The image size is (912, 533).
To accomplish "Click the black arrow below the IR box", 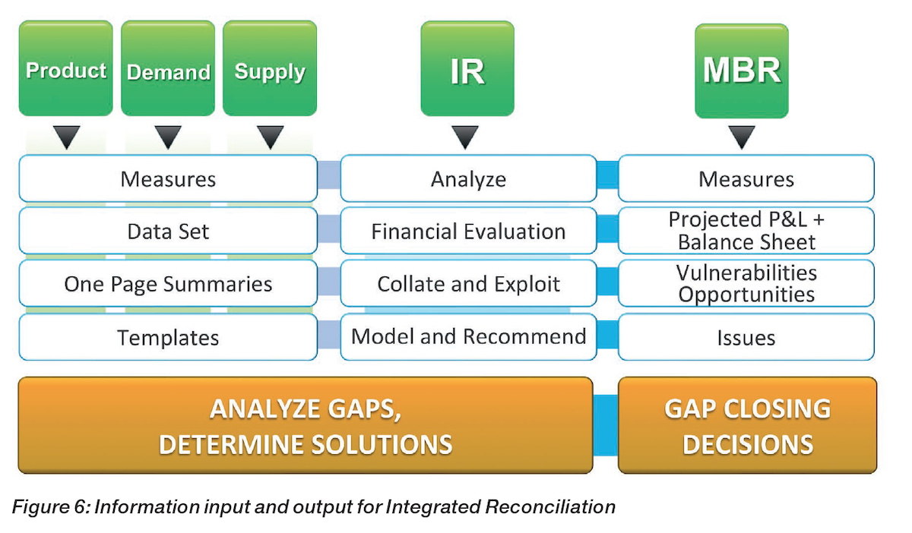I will (x=465, y=137).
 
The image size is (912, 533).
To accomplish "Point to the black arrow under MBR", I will (x=741, y=137).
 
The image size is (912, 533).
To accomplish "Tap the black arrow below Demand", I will (x=168, y=137).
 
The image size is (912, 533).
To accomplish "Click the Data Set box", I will (x=168, y=231).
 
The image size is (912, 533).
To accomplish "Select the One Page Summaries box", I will (x=168, y=284).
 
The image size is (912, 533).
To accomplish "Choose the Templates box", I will (x=168, y=337).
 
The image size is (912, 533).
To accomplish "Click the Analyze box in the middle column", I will (x=468, y=179).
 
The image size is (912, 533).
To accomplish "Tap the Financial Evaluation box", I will (x=468, y=231).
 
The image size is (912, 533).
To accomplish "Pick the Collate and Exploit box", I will (x=468, y=284).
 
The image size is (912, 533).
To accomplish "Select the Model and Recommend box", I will (x=468, y=336).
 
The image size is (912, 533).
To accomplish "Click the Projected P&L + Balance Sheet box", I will (x=746, y=231).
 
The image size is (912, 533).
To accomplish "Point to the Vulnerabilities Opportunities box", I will (x=746, y=283).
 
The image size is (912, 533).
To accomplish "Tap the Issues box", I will (x=746, y=337).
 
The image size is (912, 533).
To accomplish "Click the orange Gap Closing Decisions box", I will (x=747, y=425).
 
